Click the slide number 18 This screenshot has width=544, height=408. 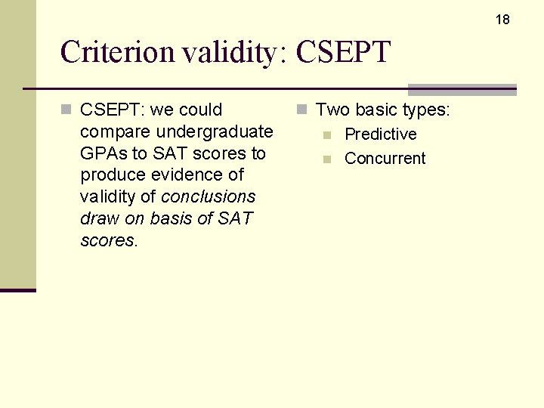point(502,20)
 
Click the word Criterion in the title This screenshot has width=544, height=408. point(117,53)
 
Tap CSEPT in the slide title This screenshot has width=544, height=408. point(343,53)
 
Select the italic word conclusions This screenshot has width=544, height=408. point(209,196)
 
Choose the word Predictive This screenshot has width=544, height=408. point(380,134)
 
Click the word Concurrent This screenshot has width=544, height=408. point(385,159)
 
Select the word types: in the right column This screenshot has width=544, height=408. point(426,110)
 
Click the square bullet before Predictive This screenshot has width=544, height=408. point(326,135)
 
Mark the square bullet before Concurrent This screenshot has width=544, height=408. point(326,159)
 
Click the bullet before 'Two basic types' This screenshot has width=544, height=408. point(301,110)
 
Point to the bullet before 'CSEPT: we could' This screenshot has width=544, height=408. point(66,110)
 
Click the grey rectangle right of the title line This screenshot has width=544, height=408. point(462,89)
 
